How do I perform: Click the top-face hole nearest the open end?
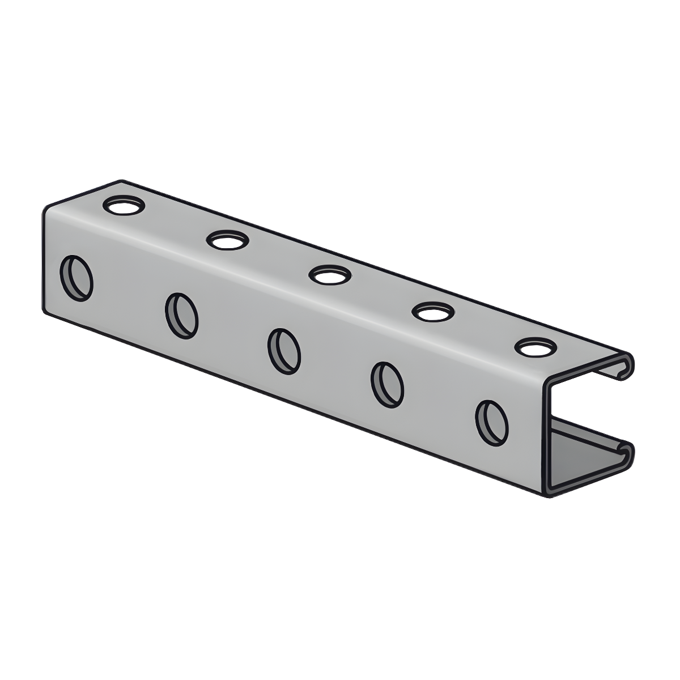(x=535, y=347)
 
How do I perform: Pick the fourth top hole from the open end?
(x=228, y=240)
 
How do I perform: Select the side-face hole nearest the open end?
(x=491, y=422)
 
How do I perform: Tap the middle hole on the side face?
(x=284, y=351)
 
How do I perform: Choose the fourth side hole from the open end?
(x=181, y=315)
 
